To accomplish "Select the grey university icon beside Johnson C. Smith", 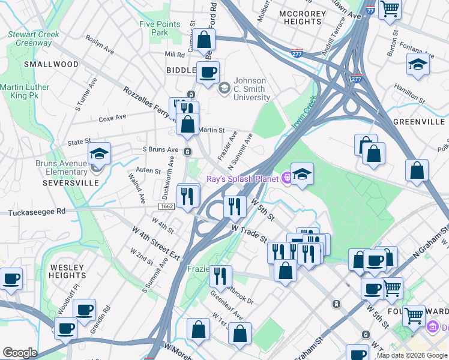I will (224, 88).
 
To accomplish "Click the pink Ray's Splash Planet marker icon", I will (288, 178).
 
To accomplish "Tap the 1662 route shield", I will (167, 206).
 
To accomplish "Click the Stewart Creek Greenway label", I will (34, 38).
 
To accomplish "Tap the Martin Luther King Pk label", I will (25, 92).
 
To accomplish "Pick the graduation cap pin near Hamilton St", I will (418, 64).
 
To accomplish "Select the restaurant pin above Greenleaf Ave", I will (220, 276).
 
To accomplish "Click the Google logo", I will (20, 353).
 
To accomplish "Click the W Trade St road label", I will (250, 233).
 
